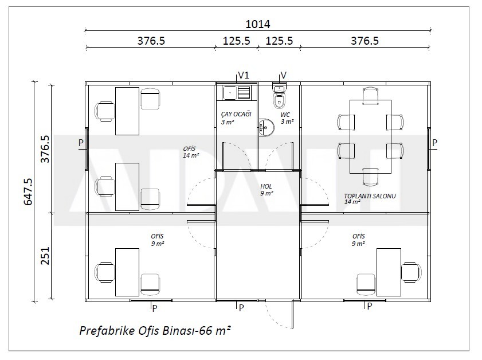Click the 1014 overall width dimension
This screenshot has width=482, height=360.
tap(257, 24)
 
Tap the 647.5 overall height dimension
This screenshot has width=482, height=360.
tap(28, 191)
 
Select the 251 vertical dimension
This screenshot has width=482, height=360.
tap(45, 256)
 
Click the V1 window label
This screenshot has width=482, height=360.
tap(244, 75)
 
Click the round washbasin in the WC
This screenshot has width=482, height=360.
tap(266, 127)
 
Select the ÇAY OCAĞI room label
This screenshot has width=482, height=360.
tap(236, 114)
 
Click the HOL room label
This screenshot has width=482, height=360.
tap(266, 186)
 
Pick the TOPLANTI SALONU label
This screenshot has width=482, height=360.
tap(370, 196)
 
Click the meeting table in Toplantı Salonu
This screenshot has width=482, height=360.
tap(370, 136)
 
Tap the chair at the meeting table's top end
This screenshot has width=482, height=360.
tap(370, 95)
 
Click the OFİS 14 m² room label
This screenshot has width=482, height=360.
tap(191, 152)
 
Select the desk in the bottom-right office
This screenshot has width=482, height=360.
tap(389, 272)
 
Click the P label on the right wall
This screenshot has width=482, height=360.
tap(434, 143)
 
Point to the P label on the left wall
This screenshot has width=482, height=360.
tap(81, 143)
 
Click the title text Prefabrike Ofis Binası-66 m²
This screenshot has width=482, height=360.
tap(155, 331)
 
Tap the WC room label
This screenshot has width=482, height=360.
tap(285, 115)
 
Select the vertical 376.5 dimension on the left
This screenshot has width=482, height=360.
tap(45, 149)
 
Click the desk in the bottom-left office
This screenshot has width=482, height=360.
tap(127, 272)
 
